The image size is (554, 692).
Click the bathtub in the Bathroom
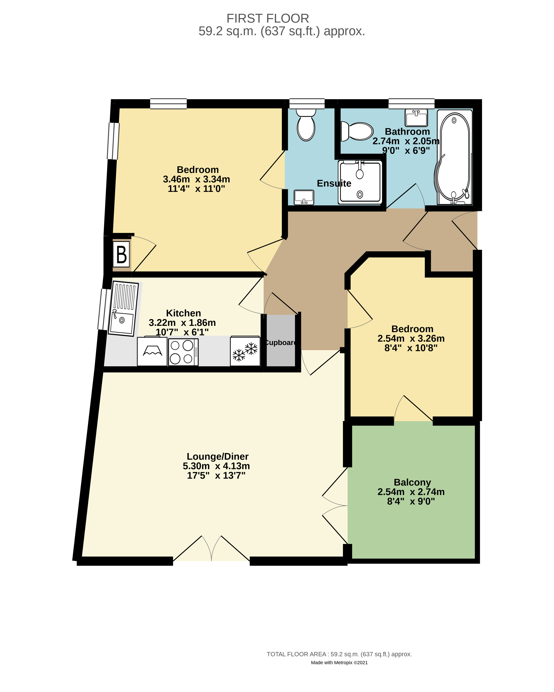point(455,157)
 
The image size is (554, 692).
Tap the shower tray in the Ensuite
point(360,182)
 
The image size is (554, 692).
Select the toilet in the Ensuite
point(306,125)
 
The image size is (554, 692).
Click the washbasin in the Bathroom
point(416,118)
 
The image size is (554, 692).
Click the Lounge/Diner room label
point(218,456)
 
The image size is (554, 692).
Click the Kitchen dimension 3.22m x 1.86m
point(182,323)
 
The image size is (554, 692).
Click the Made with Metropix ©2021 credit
point(339,663)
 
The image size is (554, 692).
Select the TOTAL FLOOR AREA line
point(339,654)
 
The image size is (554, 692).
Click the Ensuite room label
point(334,183)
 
